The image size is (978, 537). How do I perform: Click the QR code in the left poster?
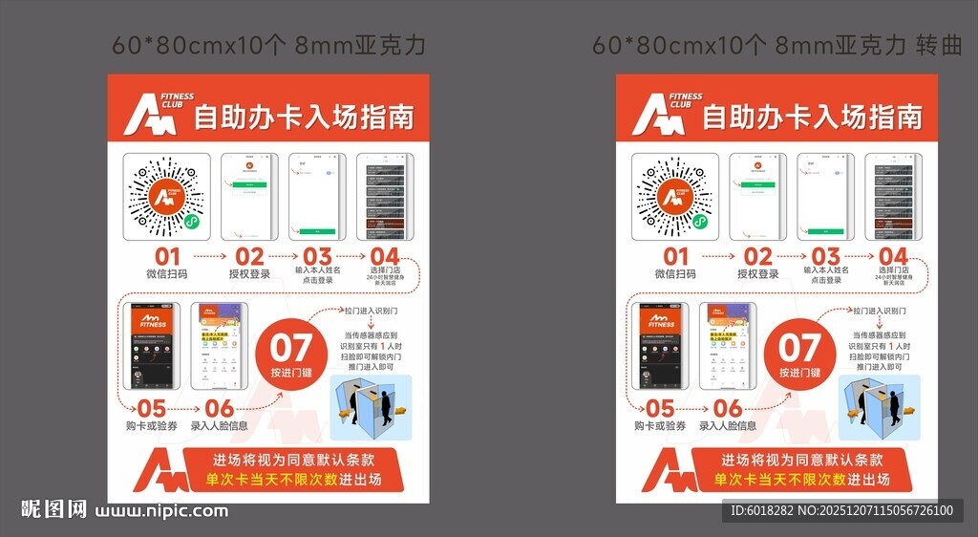click(x=166, y=197)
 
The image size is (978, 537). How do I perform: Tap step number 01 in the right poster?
click(x=676, y=256)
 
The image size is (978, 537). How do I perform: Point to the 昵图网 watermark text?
click(x=53, y=510)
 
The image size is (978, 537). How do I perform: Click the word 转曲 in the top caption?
click(x=939, y=45)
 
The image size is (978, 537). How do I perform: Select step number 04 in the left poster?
click(x=385, y=256)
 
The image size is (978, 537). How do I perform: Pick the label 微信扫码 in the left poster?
click(x=167, y=274)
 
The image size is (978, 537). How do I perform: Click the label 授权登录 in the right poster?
click(x=758, y=274)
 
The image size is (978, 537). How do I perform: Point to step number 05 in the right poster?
click(x=660, y=408)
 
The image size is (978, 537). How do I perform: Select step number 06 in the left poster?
click(x=220, y=408)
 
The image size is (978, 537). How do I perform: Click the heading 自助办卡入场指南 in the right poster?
click(x=813, y=118)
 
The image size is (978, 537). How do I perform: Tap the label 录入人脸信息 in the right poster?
click(x=728, y=426)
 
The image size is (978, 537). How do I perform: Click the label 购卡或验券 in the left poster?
click(x=152, y=426)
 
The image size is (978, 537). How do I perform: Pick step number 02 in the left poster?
click(x=249, y=256)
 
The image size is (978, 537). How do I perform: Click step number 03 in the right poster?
click(x=826, y=256)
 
